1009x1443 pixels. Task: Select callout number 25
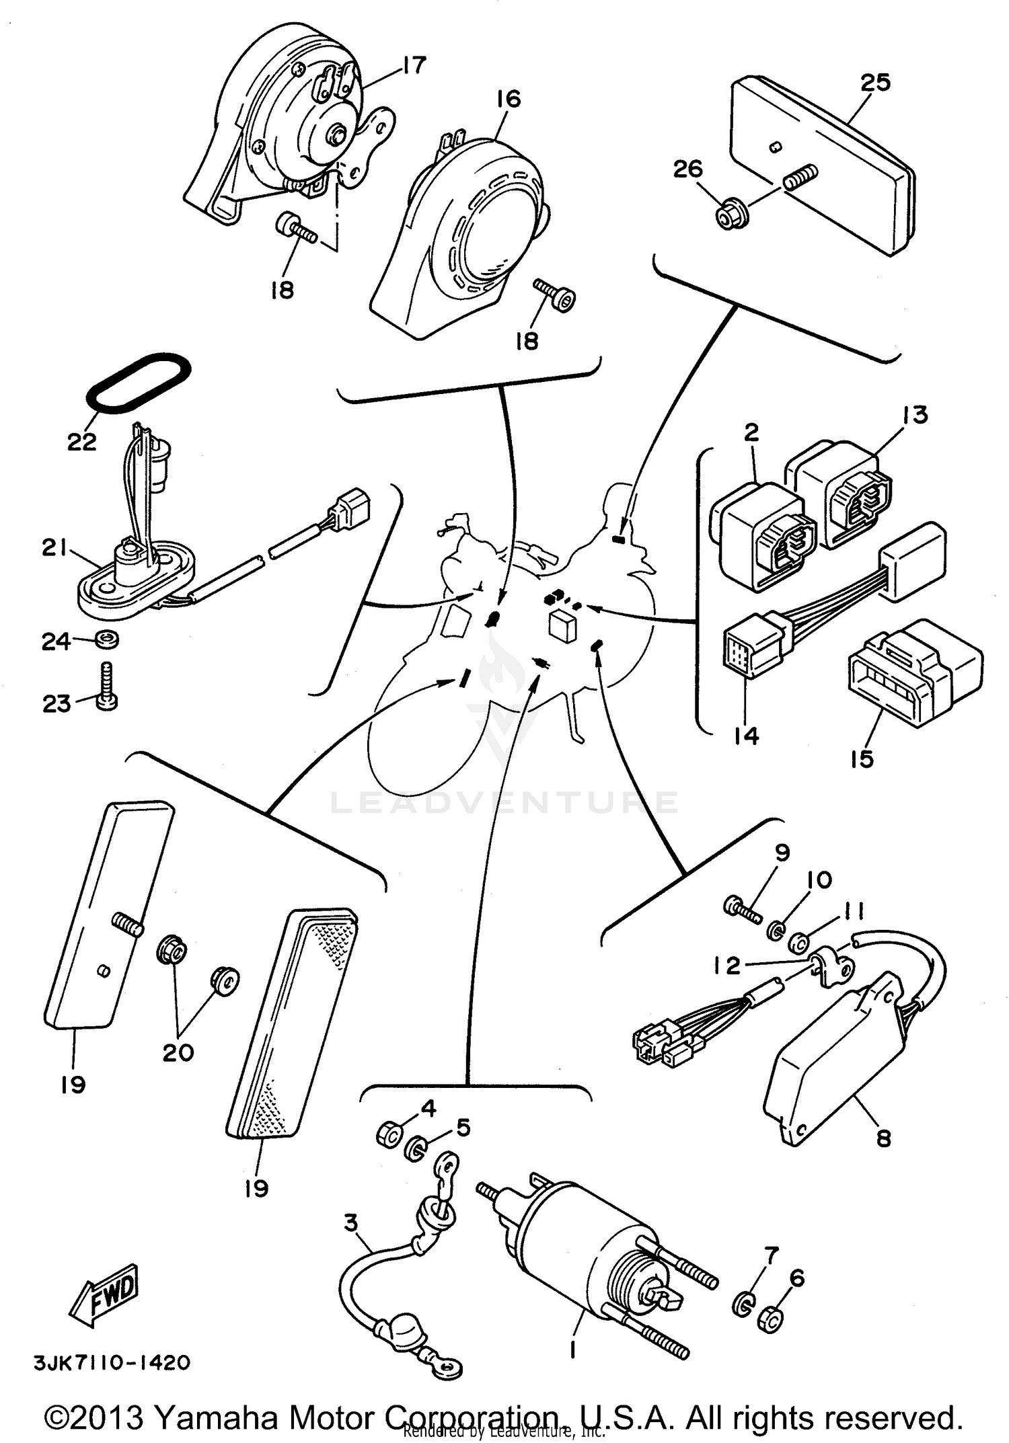coord(875,83)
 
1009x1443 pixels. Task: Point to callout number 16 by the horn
coord(509,100)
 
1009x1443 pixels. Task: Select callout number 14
coord(746,736)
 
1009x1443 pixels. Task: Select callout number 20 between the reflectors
coord(178,1052)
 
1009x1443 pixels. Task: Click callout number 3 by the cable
coord(351,1222)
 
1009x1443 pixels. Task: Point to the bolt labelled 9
coord(741,909)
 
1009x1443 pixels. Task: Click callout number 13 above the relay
coord(915,415)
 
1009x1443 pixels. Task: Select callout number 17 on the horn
coord(414,65)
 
